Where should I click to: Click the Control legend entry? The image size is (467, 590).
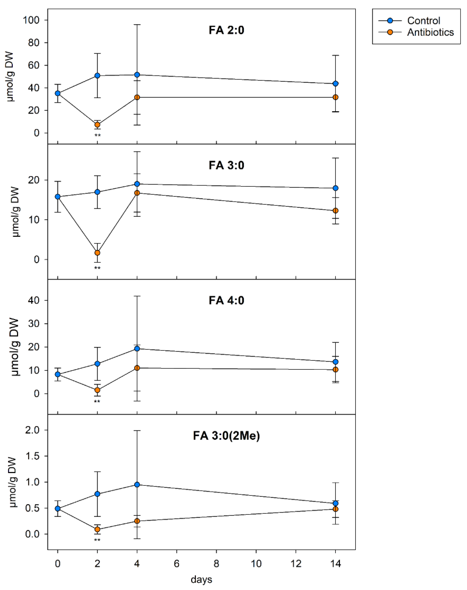pos(423,21)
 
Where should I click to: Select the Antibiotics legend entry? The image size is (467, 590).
pos(430,32)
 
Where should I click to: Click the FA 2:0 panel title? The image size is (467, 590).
pos(226,30)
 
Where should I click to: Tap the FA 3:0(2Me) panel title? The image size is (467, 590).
pos(226,436)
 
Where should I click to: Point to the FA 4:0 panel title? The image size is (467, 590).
pos(226,300)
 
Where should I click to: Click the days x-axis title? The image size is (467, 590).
pos(201,579)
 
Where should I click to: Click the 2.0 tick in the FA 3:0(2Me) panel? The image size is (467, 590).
pos(32,430)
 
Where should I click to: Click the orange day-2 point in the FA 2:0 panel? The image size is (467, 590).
pos(97,125)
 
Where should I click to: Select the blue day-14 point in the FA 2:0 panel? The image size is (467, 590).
pos(336,84)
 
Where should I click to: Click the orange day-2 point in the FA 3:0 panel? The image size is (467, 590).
pos(97,253)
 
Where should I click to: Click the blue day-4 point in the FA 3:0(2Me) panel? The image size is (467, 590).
pos(137,485)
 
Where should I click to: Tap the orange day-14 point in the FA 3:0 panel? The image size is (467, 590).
pos(336,210)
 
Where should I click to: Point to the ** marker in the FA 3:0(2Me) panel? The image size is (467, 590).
pos(97,540)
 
